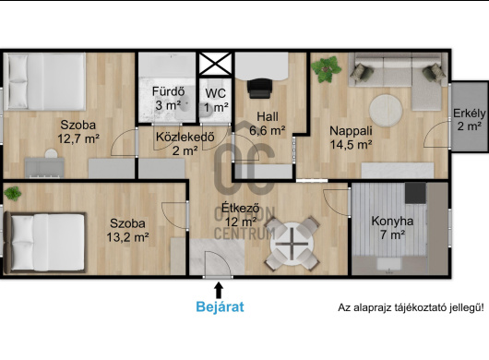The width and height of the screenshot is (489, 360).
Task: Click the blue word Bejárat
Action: click(x=220, y=307)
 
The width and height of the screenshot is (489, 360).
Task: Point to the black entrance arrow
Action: click(x=220, y=290)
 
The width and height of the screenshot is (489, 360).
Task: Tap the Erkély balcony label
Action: click(x=470, y=119)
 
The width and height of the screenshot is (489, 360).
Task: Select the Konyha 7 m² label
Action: click(x=392, y=228)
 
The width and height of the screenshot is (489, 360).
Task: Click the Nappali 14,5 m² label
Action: click(x=351, y=138)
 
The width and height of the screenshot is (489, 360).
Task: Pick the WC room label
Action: click(x=216, y=100)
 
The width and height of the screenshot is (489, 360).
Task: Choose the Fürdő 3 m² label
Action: click(x=169, y=99)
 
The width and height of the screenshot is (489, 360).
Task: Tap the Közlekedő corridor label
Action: click(x=185, y=144)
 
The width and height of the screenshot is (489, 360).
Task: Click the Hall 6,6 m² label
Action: click(x=268, y=124)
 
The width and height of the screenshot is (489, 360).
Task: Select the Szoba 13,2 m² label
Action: click(x=127, y=230)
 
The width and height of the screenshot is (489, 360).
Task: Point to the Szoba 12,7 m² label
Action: click(x=78, y=132)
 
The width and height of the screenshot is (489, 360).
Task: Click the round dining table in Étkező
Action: click(x=292, y=244)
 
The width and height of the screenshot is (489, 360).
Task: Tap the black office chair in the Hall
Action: click(x=259, y=89)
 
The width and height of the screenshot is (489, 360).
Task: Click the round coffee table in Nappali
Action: click(x=386, y=111)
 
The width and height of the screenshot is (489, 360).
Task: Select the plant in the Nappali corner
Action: click(x=327, y=69)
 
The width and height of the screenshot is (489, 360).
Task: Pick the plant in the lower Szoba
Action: click(x=13, y=194)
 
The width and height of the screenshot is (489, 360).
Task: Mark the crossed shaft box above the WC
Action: click(x=216, y=64)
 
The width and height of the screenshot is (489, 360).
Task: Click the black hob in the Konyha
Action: click(x=415, y=193)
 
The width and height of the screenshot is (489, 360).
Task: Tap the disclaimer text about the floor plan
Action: click(x=411, y=307)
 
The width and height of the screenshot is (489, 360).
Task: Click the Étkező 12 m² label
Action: click(x=241, y=215)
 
